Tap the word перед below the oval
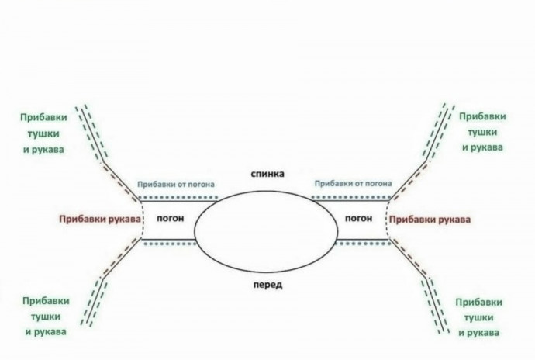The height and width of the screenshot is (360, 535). point(267,285)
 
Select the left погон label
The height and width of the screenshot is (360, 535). point(169,219)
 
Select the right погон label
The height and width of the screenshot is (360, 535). point(358,219)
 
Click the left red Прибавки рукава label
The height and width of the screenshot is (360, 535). point(99,220)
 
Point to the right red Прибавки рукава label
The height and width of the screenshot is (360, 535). point(430,220)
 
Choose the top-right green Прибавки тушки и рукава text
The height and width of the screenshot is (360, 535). point(482,130)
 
